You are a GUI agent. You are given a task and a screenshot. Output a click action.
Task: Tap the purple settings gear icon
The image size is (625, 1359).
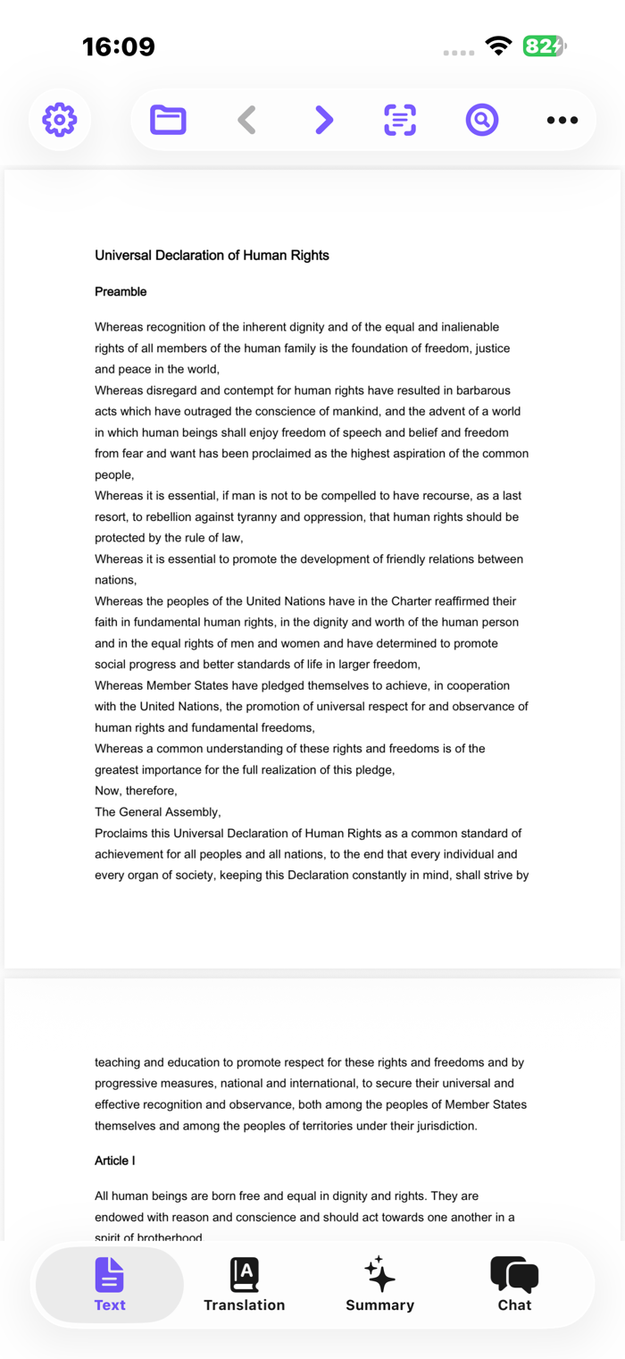60,119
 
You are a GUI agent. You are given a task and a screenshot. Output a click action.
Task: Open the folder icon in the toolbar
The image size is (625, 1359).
168,119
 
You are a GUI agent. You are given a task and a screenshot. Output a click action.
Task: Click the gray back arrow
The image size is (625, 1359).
247,119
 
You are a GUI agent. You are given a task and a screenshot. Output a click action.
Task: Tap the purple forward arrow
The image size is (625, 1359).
324,119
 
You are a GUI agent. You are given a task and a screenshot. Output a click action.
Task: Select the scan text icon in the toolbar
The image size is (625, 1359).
400,119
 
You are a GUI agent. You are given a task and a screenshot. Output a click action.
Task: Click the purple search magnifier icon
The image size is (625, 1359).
481,119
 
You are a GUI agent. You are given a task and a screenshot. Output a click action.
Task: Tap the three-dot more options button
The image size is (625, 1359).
562,120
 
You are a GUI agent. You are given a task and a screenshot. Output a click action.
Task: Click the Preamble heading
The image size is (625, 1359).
121,292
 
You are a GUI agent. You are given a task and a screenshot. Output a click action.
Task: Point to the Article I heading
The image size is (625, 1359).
115,1161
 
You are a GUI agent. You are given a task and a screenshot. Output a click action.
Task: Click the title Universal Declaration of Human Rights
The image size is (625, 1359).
212,256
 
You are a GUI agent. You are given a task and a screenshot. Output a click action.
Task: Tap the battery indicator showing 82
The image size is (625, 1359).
544,46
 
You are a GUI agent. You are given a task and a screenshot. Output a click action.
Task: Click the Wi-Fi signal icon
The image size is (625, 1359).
498,46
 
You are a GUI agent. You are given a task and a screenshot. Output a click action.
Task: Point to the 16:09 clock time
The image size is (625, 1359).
119,46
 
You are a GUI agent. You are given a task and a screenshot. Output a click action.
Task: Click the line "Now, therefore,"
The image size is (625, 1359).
136,791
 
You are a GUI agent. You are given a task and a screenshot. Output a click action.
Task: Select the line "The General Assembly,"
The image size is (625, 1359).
157,812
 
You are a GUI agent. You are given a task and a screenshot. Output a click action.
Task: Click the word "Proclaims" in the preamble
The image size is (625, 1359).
122,834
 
